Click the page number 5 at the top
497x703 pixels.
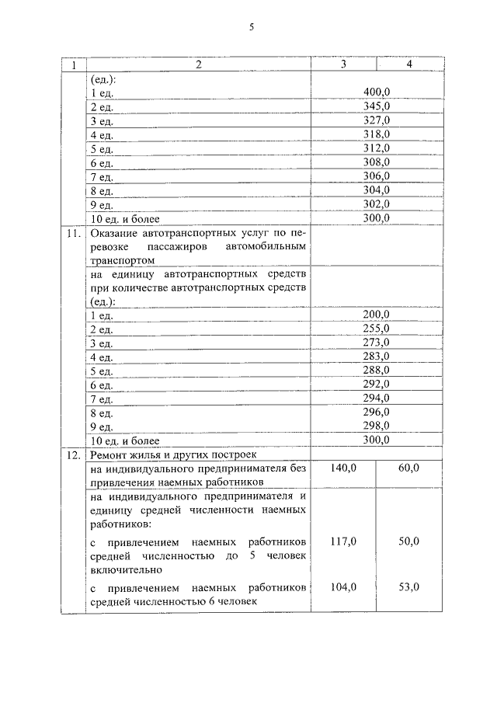tap(251, 28)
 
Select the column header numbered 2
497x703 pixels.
tap(198, 65)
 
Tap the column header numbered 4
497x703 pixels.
tap(408, 65)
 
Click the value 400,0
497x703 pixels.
tap(376, 92)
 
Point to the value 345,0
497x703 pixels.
tap(376, 106)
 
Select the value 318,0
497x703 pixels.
tap(376, 134)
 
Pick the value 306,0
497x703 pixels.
tap(376, 176)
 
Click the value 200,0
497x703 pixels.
tap(376, 315)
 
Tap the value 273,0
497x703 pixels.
tap(376, 343)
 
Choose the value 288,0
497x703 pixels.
tap(376, 371)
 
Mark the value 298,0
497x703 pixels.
tap(376, 426)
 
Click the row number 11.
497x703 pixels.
tap(73, 234)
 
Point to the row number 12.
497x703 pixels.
tap(73, 454)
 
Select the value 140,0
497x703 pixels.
tap(342, 468)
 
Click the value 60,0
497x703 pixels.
tap(408, 468)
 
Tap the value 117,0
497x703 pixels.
tap(342, 541)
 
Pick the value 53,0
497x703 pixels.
tap(408, 586)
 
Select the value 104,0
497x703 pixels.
tap(342, 586)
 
